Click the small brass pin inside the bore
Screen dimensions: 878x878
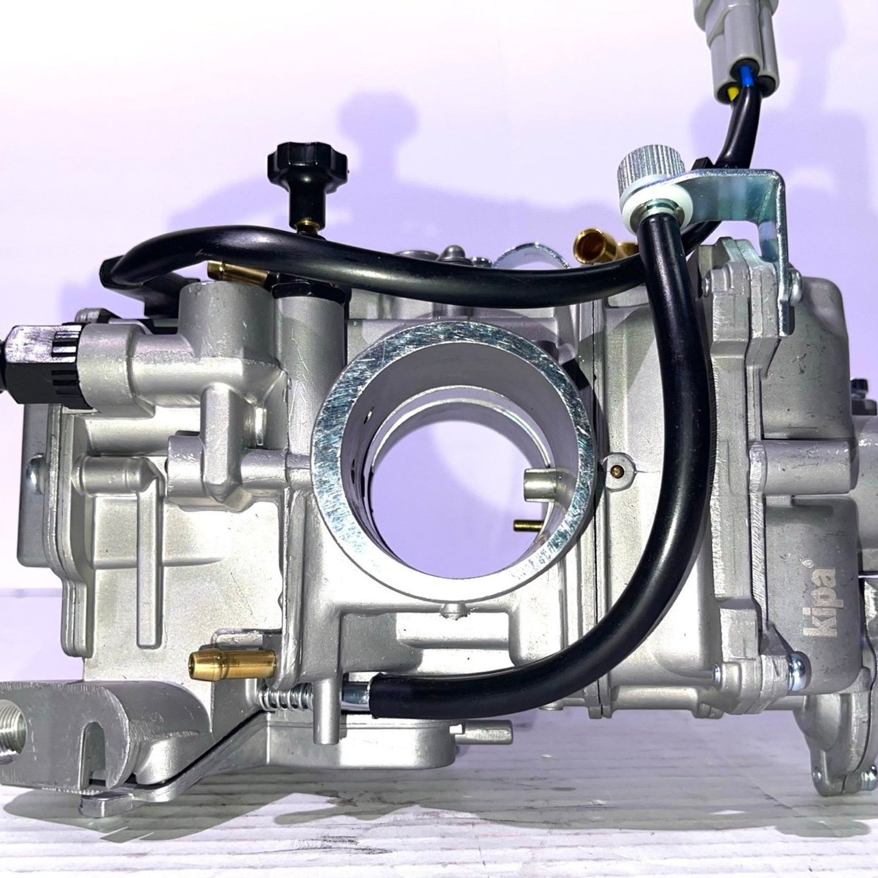(x=523, y=523)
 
